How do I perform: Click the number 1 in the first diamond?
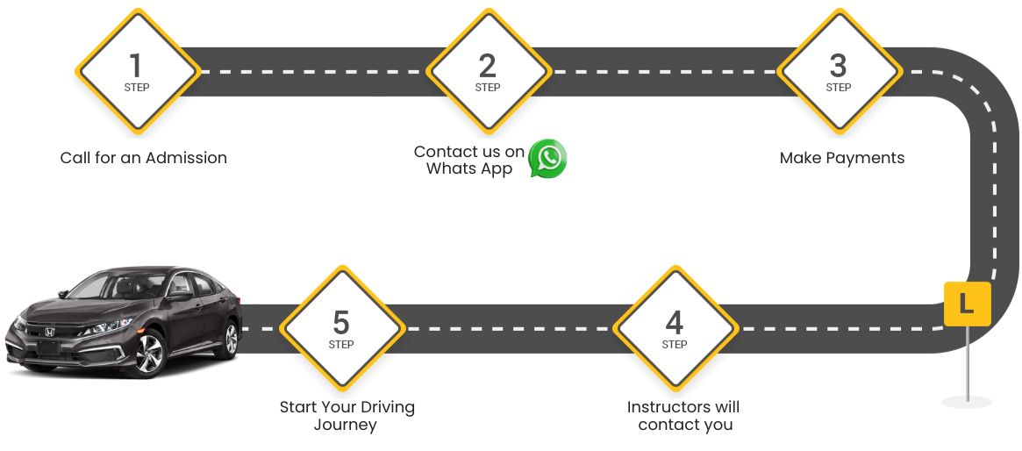[135, 65]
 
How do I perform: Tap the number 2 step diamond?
[488, 71]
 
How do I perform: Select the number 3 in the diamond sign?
[838, 65]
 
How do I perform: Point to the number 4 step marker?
[674, 328]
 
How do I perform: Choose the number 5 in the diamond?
[341, 322]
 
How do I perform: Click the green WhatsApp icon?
[548, 159]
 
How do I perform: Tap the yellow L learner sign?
[967, 304]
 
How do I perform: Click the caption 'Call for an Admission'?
[144, 158]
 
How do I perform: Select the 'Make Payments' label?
[841, 158]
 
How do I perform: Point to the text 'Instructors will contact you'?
[683, 416]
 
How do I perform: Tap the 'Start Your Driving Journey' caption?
[347, 416]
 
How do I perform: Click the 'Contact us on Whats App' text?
[469, 160]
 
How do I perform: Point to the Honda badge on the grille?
[49, 333]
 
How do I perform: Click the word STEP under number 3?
[838, 88]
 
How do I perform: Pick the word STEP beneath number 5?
[341, 345]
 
